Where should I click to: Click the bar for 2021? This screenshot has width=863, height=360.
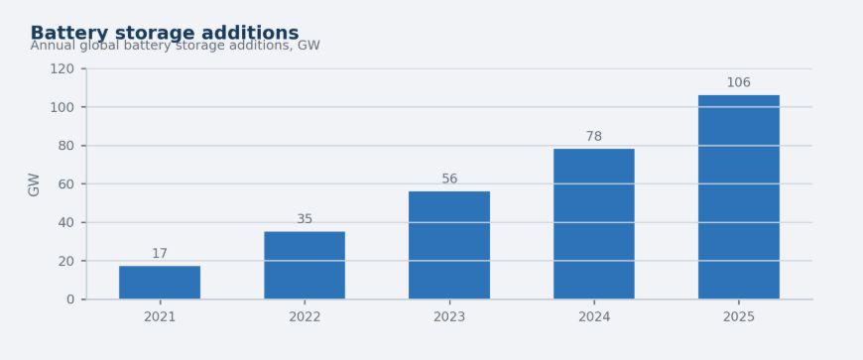coord(160,283)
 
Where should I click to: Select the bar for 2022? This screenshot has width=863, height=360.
coord(305,266)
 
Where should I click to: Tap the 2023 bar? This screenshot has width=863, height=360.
coord(449,246)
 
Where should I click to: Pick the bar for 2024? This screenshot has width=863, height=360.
coord(594,224)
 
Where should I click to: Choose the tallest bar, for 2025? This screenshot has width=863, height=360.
coord(739,197)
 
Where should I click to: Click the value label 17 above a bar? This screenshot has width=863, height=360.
coord(160,254)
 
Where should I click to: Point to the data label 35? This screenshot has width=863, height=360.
coord(305,219)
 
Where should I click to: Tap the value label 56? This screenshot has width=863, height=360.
coord(449,179)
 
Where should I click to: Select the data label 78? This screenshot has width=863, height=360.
coord(594,137)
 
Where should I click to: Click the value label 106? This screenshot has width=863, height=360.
coord(739,82)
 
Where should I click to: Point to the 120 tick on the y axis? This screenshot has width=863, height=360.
coord(62,68)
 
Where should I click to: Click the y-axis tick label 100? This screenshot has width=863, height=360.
coord(62,107)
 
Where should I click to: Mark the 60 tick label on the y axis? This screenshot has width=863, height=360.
coord(66,183)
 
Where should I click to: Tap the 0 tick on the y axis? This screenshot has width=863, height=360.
coord(70,300)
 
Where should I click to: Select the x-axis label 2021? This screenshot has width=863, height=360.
coord(160,317)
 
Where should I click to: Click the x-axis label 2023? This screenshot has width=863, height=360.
coord(449,317)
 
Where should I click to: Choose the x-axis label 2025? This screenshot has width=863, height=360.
coord(739,317)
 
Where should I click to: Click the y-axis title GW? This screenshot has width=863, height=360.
coord(34,184)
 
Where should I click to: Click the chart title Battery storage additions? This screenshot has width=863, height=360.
coord(165,33)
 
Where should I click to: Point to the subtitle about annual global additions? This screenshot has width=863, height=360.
coord(175,46)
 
